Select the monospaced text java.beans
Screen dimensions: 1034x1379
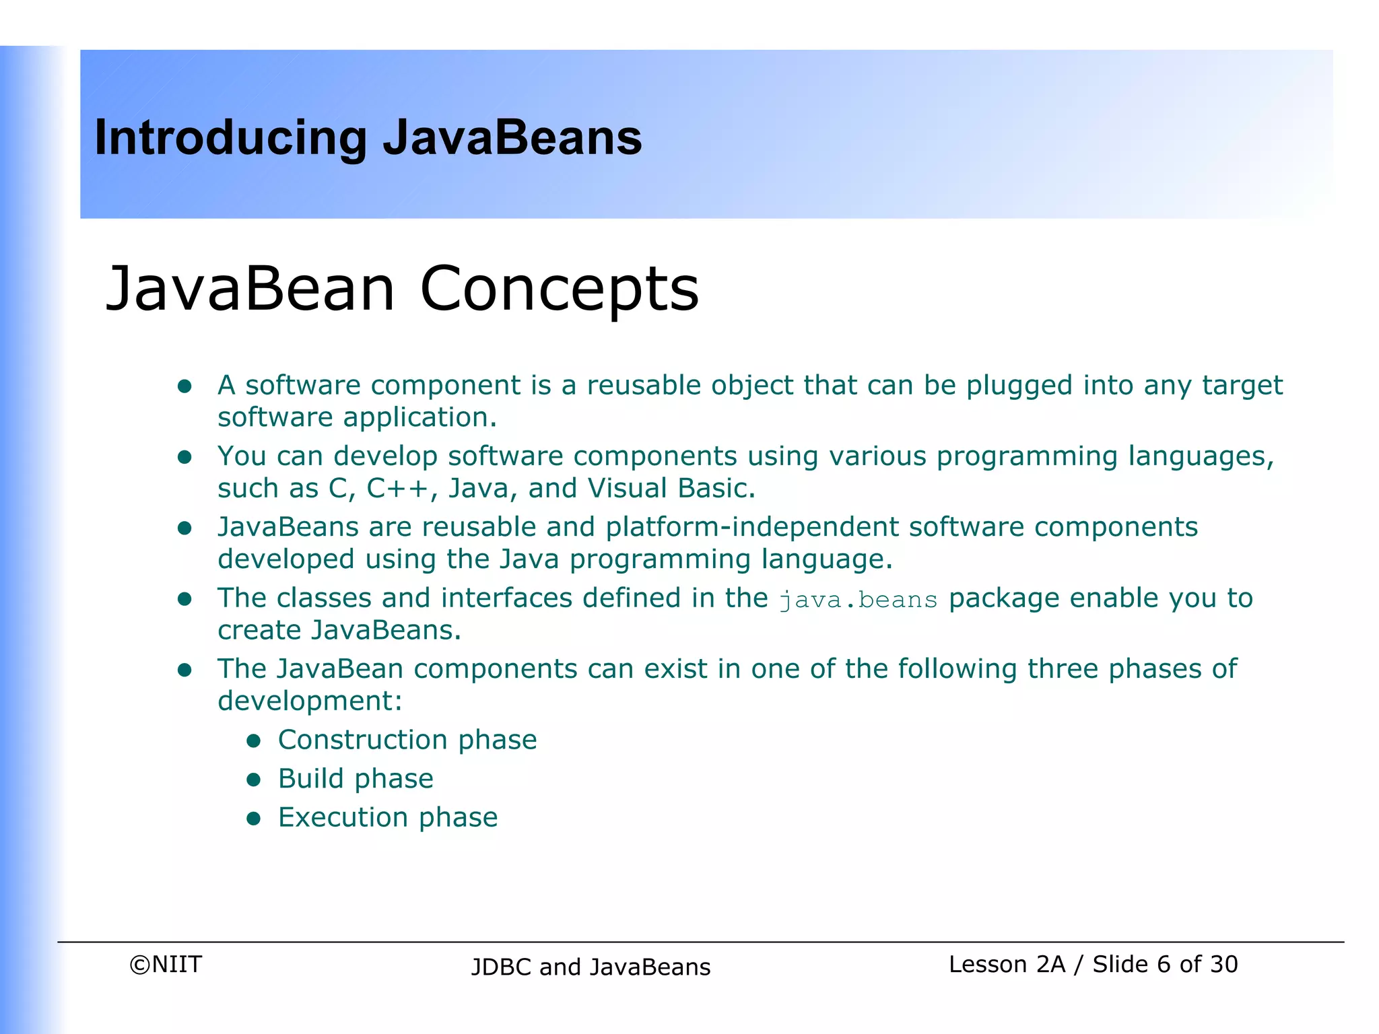(x=858, y=600)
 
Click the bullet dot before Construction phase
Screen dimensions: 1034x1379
(x=253, y=741)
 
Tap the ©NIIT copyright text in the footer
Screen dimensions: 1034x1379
(x=166, y=965)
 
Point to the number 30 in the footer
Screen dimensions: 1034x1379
(x=1223, y=965)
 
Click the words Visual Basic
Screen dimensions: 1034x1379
(x=671, y=489)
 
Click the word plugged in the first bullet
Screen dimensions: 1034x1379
(x=1019, y=386)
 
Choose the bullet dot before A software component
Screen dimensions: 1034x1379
(x=184, y=386)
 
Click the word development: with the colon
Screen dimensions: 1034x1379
(x=310, y=701)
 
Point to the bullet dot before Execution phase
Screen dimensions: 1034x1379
(x=253, y=819)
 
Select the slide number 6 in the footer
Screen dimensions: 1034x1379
(x=1163, y=965)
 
